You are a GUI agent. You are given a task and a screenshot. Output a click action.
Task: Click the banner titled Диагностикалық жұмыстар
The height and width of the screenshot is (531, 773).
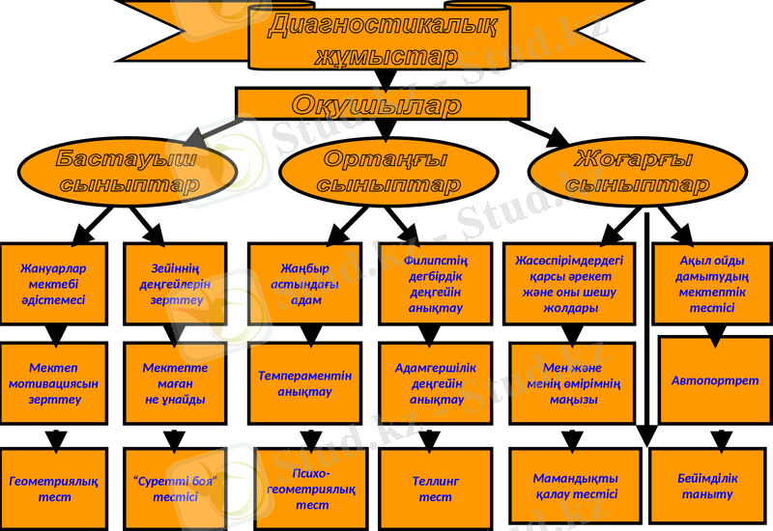386,39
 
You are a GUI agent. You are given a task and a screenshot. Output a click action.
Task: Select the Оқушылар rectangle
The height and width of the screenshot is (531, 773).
383,104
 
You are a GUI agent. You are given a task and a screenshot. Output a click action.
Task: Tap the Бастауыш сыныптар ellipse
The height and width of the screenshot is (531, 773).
128,172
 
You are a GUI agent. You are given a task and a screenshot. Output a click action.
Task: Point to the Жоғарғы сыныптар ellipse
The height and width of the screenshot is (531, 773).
637,172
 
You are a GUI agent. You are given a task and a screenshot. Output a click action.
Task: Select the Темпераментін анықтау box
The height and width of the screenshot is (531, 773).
305,384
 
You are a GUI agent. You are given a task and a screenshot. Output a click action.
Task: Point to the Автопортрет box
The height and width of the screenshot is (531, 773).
715,380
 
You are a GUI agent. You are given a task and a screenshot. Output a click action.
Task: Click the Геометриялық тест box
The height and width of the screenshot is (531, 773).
54,489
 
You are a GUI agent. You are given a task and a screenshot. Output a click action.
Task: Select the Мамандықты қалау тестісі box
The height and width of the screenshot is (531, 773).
576,487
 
